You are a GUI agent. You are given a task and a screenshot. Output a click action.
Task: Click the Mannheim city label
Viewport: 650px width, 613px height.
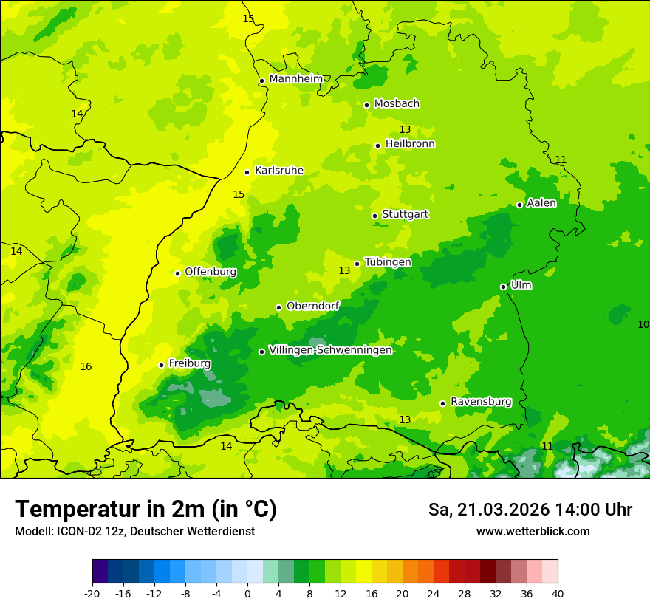[x=295, y=78]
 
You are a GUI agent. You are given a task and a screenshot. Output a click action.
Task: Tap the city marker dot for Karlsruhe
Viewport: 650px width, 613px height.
[x=247, y=172]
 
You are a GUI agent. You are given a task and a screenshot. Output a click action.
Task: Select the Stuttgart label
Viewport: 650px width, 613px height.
[x=405, y=214]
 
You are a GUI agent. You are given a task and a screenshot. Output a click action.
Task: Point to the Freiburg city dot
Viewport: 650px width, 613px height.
[x=161, y=365]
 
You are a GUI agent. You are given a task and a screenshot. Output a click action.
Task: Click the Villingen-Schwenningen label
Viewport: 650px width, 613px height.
[x=330, y=350]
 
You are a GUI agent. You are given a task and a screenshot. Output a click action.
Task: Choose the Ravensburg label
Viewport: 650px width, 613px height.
[x=480, y=402]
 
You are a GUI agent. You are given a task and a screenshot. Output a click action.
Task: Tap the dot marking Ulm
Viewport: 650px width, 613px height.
[x=503, y=287]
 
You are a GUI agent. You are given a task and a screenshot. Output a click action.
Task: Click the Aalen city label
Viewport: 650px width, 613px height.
[x=541, y=203]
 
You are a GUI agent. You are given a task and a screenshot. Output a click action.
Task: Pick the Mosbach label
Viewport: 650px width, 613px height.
[x=397, y=103]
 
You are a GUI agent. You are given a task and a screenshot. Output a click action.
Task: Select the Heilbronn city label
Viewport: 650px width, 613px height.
[x=410, y=143]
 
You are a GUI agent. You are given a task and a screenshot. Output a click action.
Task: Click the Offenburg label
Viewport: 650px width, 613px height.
[x=211, y=272]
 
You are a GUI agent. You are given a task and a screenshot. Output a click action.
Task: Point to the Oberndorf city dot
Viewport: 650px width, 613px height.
[x=278, y=307]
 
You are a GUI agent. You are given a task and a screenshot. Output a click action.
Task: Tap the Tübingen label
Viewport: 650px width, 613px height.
[x=388, y=262]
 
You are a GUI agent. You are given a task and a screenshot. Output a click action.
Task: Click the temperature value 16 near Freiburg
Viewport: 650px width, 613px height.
[x=86, y=366]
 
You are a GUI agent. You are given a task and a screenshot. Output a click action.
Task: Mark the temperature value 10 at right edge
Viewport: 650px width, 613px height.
[x=643, y=324]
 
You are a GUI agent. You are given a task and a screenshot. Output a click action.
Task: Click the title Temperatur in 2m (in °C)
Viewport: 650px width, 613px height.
[x=146, y=509]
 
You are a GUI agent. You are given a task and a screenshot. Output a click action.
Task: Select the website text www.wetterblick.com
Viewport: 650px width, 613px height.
[x=533, y=531]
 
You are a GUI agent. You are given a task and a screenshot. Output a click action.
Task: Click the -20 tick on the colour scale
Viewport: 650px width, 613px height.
[x=92, y=593]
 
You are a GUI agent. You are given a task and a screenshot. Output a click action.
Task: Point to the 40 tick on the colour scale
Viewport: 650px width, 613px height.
[x=557, y=593]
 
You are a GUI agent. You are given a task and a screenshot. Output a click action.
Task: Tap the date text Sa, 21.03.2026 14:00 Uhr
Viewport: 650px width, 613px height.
[x=530, y=510]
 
